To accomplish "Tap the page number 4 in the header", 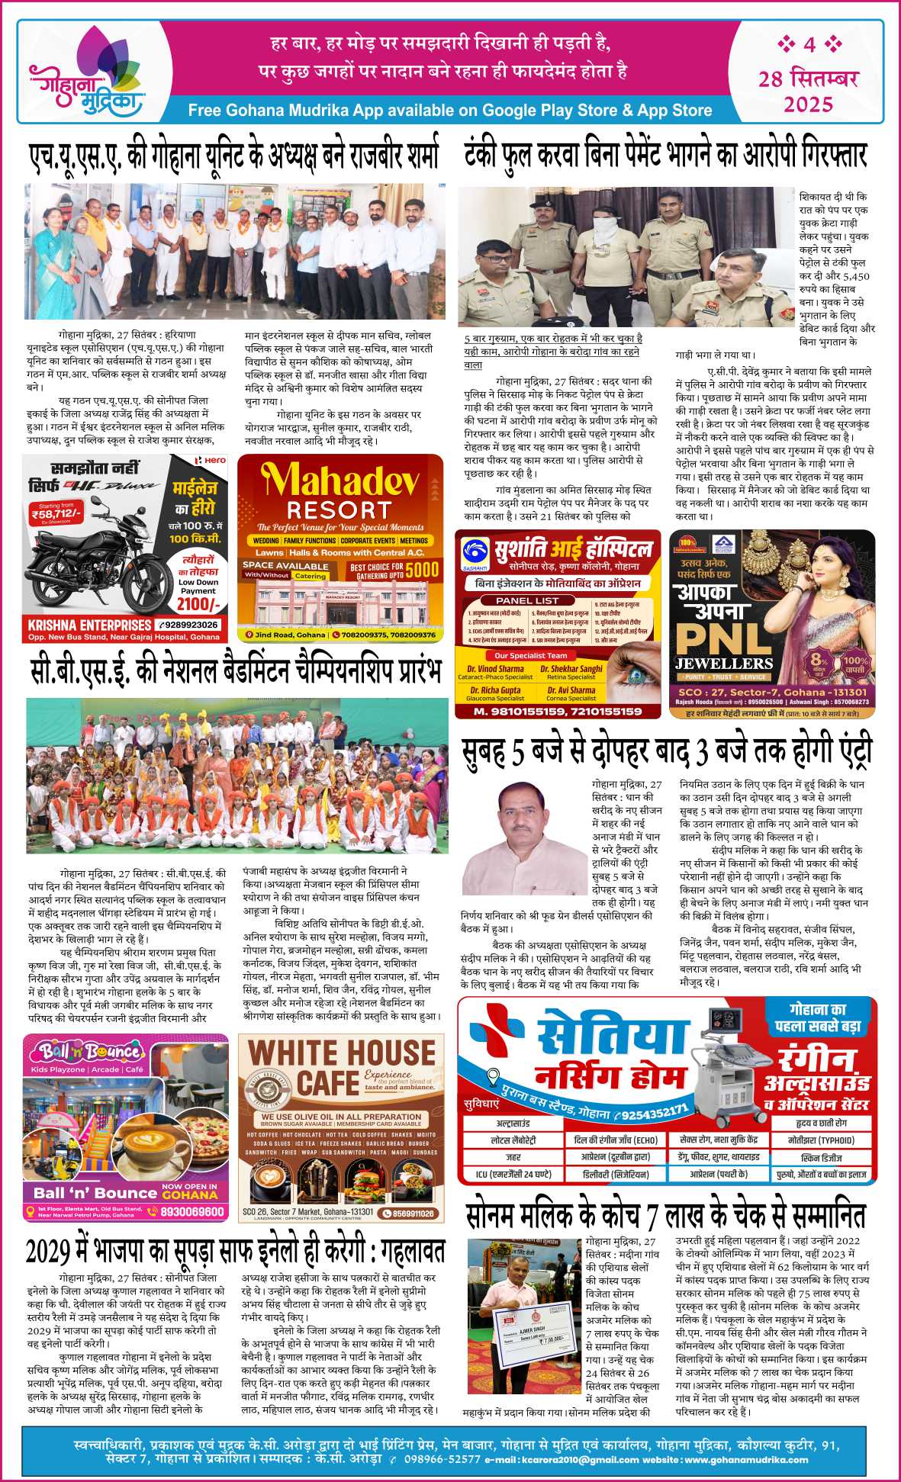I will pos(809,45).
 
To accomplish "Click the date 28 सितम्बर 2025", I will pos(808,90).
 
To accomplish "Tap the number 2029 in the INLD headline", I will pos(49,1253).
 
